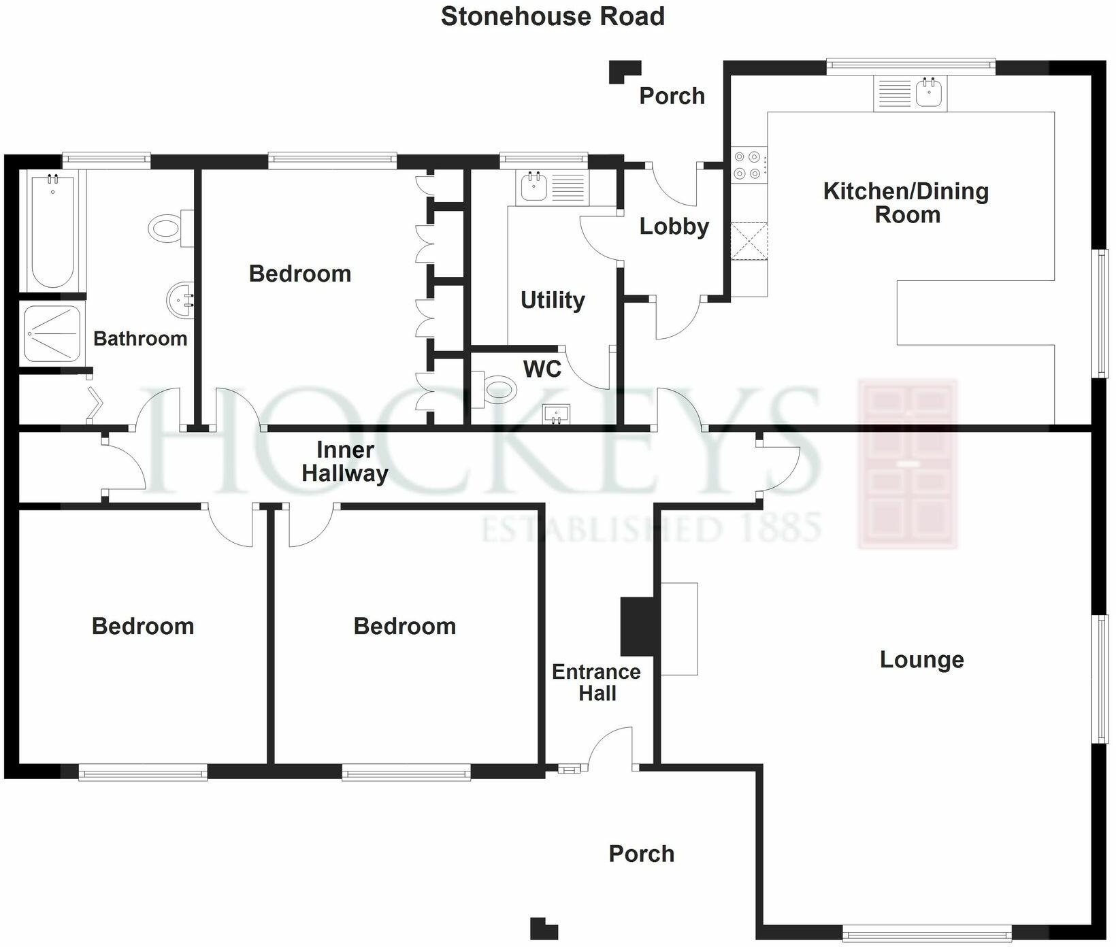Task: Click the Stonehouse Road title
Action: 553,16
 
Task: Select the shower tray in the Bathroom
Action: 52,333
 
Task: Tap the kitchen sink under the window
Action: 930,92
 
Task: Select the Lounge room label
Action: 921,659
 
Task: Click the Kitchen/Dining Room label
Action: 906,203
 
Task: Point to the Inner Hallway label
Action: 345,461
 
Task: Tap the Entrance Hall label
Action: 596,682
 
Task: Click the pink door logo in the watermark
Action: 908,465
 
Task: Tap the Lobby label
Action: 674,227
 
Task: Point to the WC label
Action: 542,369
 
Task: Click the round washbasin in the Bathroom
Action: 180,299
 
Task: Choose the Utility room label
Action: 553,300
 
